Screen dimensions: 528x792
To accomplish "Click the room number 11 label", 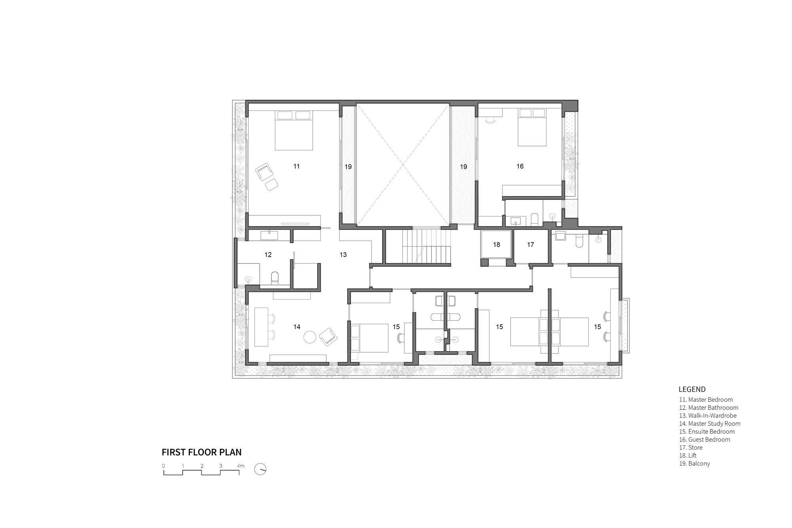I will tap(296, 167).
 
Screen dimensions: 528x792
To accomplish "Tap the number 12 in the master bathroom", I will tap(268, 255).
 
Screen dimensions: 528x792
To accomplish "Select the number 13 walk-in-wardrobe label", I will tap(343, 255).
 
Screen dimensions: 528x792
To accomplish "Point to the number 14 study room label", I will tap(297, 327).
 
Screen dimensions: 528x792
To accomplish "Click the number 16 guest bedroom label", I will tap(520, 167).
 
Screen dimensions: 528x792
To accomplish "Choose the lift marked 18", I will tap(497, 245).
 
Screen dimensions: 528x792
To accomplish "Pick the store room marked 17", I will tap(531, 245).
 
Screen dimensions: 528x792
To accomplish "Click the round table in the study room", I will tap(310, 337).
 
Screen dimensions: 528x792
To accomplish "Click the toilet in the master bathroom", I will tap(275, 277).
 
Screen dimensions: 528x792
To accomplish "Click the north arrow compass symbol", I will tap(260, 469).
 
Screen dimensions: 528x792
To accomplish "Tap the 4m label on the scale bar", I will tap(240, 466).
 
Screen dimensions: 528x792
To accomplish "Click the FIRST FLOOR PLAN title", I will tap(202, 452).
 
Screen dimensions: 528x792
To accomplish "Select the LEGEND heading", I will tap(692, 389).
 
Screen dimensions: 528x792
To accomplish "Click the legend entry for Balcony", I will tap(695, 463).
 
